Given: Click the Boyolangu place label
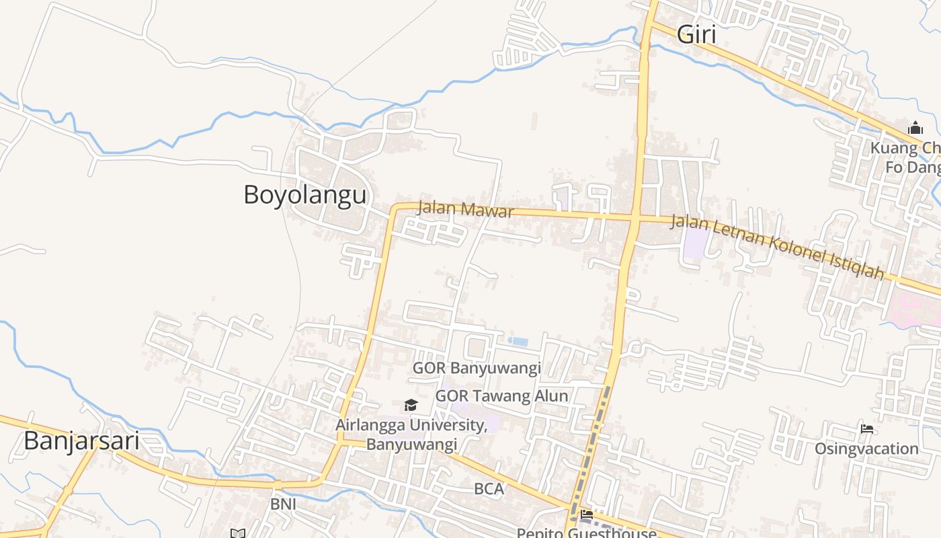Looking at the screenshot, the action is click(x=305, y=195).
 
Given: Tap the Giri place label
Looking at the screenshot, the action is click(x=696, y=34).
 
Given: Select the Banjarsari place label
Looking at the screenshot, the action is click(x=81, y=441).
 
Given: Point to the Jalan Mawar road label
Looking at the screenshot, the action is click(x=465, y=208).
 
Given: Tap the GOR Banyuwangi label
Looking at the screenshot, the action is click(x=477, y=368).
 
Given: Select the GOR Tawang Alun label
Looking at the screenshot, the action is click(x=501, y=395).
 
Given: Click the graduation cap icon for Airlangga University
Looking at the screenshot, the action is click(x=411, y=405).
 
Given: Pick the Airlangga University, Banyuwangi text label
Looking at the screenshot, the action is click(x=411, y=434).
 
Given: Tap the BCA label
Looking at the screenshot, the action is click(x=489, y=489).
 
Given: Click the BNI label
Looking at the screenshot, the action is click(x=283, y=504).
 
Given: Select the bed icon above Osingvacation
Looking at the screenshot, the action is click(x=867, y=429).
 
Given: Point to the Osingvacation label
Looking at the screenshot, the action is click(x=866, y=449).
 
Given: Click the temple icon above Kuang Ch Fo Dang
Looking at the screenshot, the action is click(x=915, y=128).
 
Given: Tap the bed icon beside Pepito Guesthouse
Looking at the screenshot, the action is click(x=587, y=515).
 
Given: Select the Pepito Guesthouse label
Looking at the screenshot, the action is click(x=586, y=533).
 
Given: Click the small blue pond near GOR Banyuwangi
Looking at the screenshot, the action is click(x=518, y=342).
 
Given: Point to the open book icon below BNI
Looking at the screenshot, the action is click(x=237, y=533).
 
